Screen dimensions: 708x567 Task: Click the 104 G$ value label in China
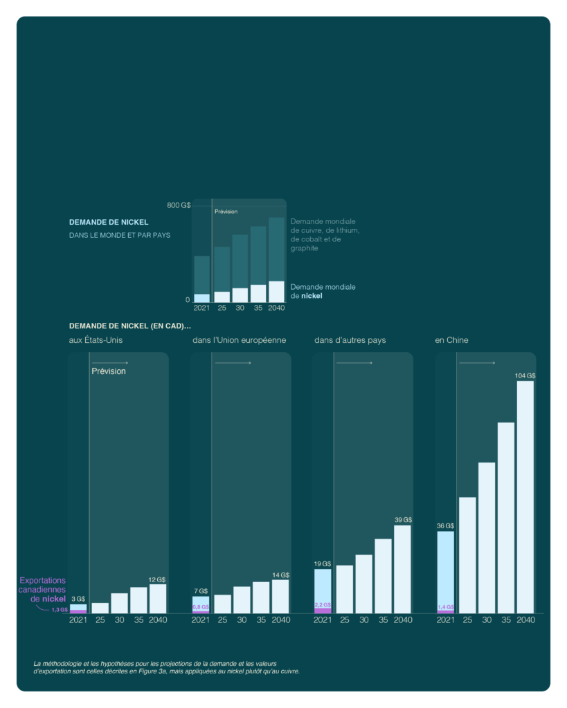pyautogui.click(x=525, y=375)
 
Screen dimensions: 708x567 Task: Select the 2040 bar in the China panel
pyautogui.click(x=525, y=496)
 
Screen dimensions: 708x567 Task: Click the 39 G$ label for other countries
pyautogui.click(x=403, y=520)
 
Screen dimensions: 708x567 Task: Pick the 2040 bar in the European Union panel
pyautogui.click(x=280, y=596)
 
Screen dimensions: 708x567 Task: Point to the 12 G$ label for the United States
pyautogui.click(x=157, y=579)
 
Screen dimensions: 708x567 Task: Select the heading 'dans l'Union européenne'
pyautogui.click(x=239, y=340)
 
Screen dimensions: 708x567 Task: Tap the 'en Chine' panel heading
pyautogui.click(x=451, y=340)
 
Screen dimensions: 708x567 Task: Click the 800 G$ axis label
pyautogui.click(x=179, y=205)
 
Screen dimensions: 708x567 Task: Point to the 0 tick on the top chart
pyautogui.click(x=187, y=300)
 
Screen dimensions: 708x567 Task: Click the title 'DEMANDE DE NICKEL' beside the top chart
pyautogui.click(x=109, y=223)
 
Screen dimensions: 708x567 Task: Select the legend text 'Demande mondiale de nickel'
pyautogui.click(x=323, y=291)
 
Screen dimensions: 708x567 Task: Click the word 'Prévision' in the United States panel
pyautogui.click(x=109, y=371)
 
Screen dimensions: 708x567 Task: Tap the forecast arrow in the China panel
pyautogui.click(x=477, y=363)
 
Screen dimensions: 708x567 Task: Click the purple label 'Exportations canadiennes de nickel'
pyautogui.click(x=42, y=590)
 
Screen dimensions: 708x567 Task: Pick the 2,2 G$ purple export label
pyautogui.click(x=323, y=605)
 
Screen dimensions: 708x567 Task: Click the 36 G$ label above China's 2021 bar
pyautogui.click(x=445, y=525)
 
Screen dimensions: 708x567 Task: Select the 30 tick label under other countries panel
pyautogui.click(x=363, y=620)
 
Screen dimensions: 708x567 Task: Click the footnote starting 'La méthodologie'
pyautogui.click(x=166, y=667)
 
